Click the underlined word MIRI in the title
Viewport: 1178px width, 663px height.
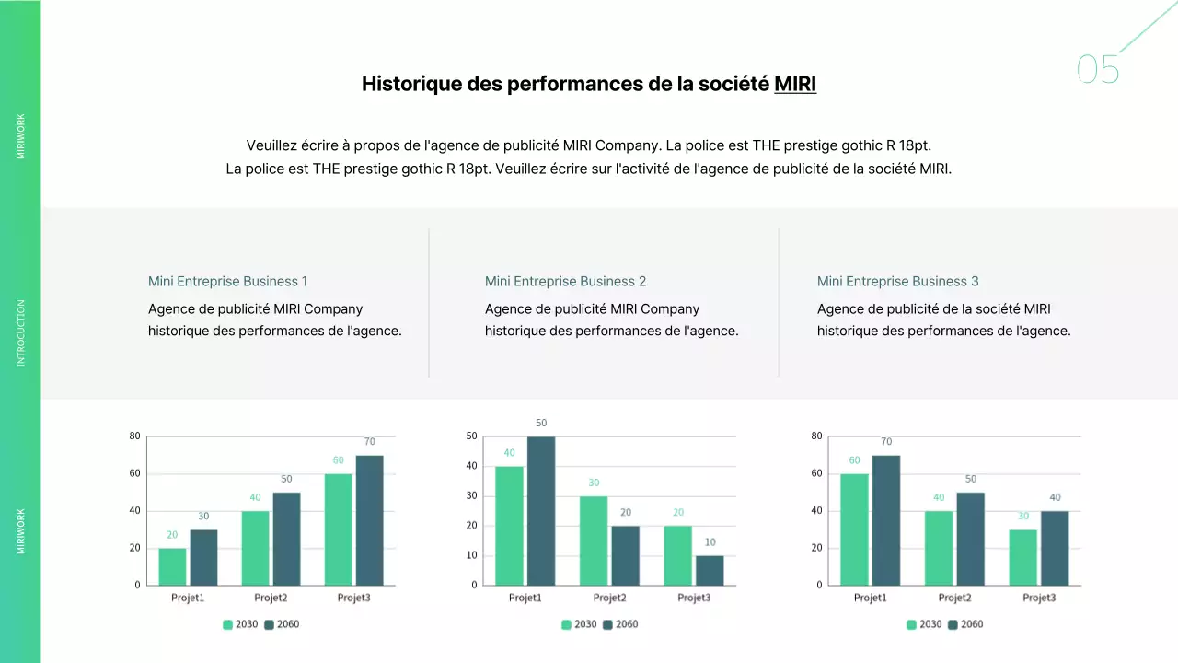click(x=795, y=84)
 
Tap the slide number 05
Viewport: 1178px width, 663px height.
click(x=1098, y=70)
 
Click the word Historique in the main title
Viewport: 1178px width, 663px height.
click(x=411, y=84)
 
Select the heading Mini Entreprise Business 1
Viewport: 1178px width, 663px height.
click(x=227, y=281)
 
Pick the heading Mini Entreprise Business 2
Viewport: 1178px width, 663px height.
click(x=565, y=281)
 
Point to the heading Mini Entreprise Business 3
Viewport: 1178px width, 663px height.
click(x=897, y=281)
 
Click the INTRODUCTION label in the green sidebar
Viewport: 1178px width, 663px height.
click(x=21, y=332)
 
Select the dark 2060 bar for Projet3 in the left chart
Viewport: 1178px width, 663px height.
click(x=369, y=520)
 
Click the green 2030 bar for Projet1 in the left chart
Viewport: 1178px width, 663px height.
click(x=172, y=566)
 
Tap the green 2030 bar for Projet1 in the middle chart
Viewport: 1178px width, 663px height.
click(x=509, y=525)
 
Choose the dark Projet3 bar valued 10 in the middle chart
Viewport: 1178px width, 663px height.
click(x=710, y=570)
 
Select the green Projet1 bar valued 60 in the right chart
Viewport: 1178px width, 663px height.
click(x=854, y=529)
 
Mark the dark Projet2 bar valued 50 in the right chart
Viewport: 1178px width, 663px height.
click(x=970, y=539)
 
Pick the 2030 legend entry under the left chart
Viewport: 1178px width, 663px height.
click(x=240, y=624)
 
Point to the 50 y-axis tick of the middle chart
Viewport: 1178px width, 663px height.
click(x=471, y=436)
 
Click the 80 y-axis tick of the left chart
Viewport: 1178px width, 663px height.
click(x=134, y=436)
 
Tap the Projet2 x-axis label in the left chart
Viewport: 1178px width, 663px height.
click(x=271, y=598)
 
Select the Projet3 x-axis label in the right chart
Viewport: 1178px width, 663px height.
click(x=1039, y=598)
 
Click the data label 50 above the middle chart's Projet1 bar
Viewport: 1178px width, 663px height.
click(x=541, y=423)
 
